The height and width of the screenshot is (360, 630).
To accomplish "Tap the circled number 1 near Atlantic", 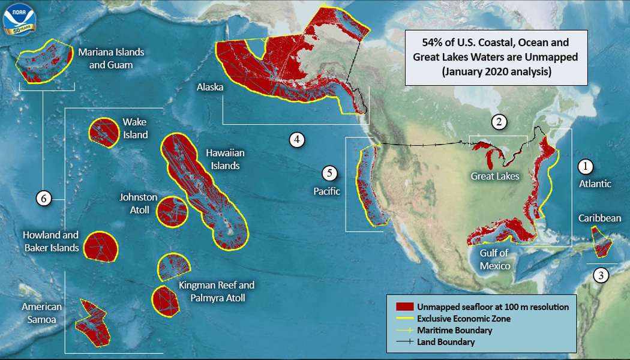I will pos(585,166).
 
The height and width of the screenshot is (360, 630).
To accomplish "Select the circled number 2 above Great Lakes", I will pos(498,122).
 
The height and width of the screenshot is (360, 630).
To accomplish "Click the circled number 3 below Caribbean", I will pos(601,275).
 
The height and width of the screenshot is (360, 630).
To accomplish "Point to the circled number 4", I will pos(296,140).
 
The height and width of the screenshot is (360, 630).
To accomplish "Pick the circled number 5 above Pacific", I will pos(329,173).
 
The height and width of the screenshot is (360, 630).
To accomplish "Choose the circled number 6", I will pos(43,197).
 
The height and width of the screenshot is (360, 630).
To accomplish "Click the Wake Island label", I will pos(135,128).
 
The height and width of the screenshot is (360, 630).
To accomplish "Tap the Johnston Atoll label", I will pos(138,203).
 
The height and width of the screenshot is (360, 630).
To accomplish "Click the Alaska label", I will pos(210,88).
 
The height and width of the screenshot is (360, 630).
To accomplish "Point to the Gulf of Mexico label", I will pos(495,260).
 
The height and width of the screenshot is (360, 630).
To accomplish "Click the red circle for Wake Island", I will pos(104,132).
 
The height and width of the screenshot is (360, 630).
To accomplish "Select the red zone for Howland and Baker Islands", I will pos(99,246).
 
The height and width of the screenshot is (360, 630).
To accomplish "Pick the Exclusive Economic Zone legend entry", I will pos(463,319).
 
